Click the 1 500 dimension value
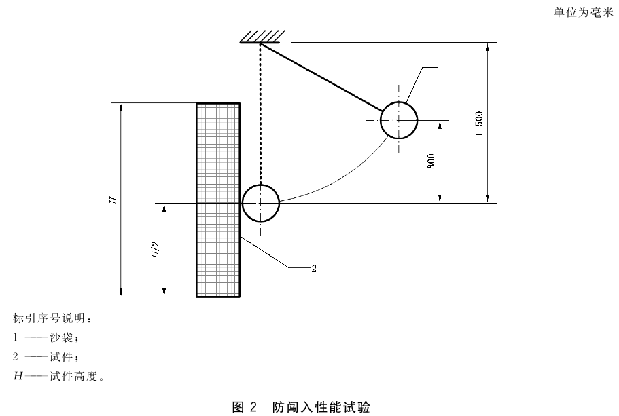click(x=479, y=124)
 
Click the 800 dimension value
click(x=431, y=162)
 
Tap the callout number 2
click(x=314, y=269)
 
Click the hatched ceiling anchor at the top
click(x=262, y=36)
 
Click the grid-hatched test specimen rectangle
click(x=218, y=200)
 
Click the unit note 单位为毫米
click(x=583, y=13)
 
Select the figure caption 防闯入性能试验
click(x=321, y=407)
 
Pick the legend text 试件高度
click(x=73, y=376)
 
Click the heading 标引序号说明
click(x=48, y=318)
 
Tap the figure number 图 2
click(x=245, y=407)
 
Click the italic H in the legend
click(x=18, y=376)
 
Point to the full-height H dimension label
click(x=113, y=200)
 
